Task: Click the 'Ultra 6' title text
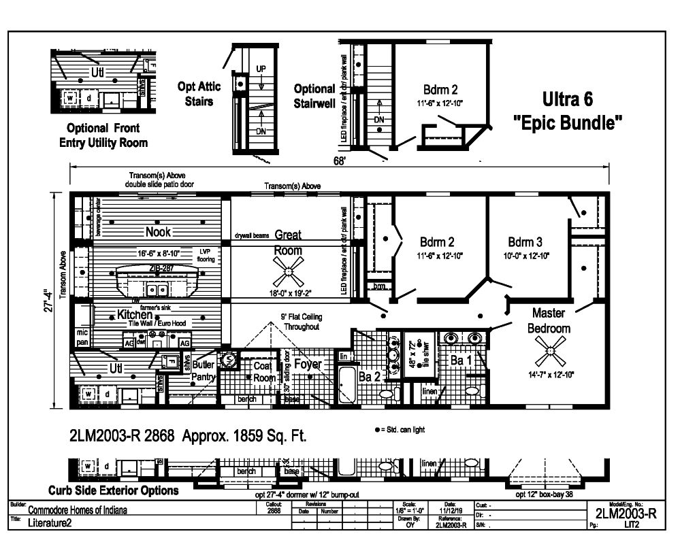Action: pyautogui.click(x=567, y=99)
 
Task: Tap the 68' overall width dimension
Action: pyautogui.click(x=339, y=161)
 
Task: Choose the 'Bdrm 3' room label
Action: pyautogui.click(x=525, y=242)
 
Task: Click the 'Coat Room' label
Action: pyautogui.click(x=264, y=371)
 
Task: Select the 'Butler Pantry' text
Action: pyautogui.click(x=204, y=371)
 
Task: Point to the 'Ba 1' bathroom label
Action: pyautogui.click(x=461, y=360)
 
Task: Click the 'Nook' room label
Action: pyautogui.click(x=158, y=231)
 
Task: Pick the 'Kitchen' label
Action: pyautogui.click(x=134, y=315)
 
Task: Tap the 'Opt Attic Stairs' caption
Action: pyautogui.click(x=196, y=94)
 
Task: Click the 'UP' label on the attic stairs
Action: pyautogui.click(x=261, y=69)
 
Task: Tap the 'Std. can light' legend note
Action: pyautogui.click(x=402, y=430)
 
